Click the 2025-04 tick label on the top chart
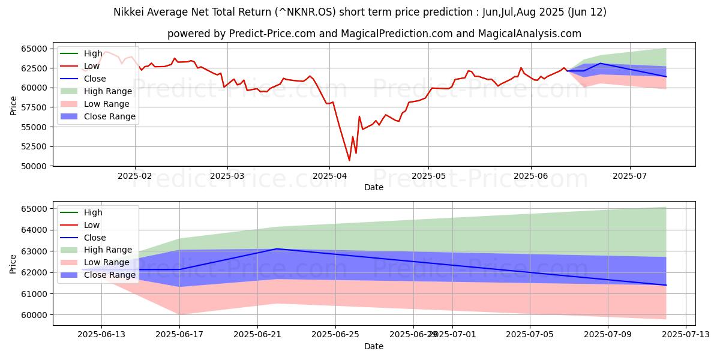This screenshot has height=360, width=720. coord(329,176)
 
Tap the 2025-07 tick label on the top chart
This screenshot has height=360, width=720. coord(630,176)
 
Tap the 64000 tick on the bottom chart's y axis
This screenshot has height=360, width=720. coord(34,230)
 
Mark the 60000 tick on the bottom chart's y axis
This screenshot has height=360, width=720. coord(34,314)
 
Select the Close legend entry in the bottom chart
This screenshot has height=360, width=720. coord(95,237)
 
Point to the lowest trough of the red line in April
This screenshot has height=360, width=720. coord(349,160)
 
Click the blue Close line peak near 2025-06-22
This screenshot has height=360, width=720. coord(277,248)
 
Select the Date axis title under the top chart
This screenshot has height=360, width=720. coord(374,187)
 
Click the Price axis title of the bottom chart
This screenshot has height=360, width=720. coord(13,265)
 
